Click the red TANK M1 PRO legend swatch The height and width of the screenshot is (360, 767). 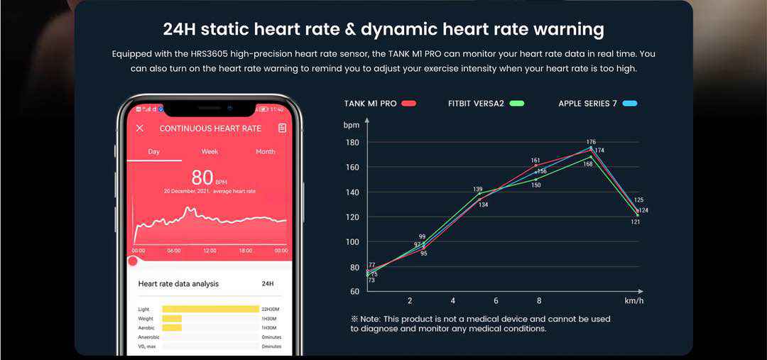[x=408, y=104]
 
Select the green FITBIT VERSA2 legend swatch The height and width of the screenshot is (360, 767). [x=516, y=104]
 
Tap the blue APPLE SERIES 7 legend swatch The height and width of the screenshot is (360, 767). [x=629, y=104]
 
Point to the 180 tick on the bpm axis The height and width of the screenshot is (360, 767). [x=353, y=143]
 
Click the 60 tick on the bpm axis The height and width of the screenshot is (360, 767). [x=354, y=292]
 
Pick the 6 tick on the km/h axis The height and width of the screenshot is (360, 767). [x=496, y=301]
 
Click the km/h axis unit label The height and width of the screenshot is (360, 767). [x=633, y=301]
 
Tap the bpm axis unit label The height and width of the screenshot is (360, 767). [x=352, y=125]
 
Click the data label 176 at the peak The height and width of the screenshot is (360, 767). [x=591, y=142]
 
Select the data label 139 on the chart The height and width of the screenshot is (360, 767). [x=478, y=190]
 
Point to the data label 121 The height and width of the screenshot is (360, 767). [x=636, y=222]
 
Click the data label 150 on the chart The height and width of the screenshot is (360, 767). [x=536, y=185]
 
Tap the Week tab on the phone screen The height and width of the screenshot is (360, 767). [x=210, y=152]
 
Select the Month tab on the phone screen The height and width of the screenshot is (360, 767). [x=265, y=152]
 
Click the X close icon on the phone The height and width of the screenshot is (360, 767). [x=140, y=129]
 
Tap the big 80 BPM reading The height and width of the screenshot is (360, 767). [x=203, y=178]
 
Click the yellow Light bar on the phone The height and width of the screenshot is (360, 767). [x=210, y=309]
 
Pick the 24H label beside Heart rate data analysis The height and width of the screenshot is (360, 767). [x=268, y=284]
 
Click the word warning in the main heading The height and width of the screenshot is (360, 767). [x=562, y=30]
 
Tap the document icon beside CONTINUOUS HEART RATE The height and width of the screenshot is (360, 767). [x=282, y=129]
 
